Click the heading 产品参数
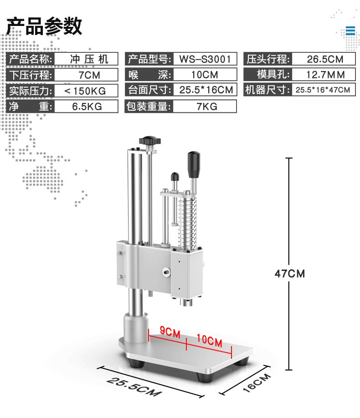pos(44,26)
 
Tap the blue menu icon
pos(350,31)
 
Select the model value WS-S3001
pos(205,59)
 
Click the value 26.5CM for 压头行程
pos(325,59)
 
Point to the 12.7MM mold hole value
pos(325,75)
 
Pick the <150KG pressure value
pos(85,91)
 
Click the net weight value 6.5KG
pos(87,107)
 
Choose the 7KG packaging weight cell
pos(207,107)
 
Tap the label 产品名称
pos(31,59)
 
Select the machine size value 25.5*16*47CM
pos(323,90)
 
